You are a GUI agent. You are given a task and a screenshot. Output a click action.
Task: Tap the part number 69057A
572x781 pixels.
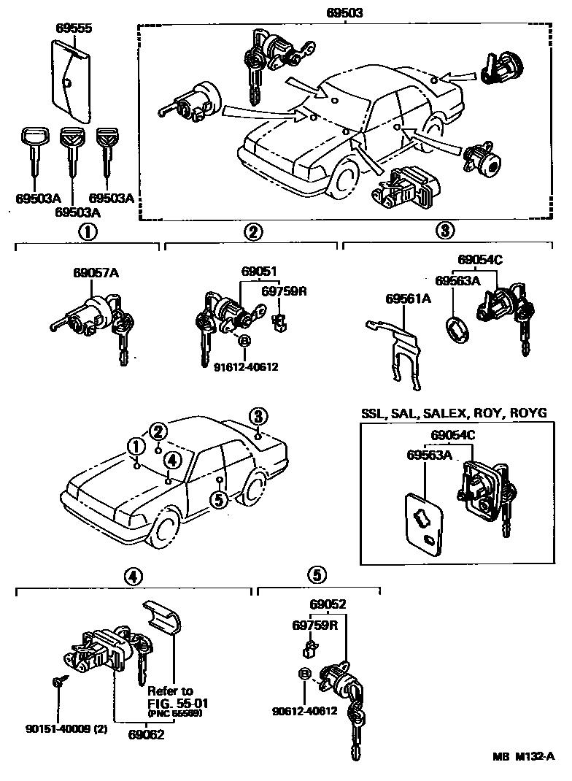point(96,273)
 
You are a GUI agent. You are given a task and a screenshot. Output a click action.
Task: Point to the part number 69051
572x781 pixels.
point(259,272)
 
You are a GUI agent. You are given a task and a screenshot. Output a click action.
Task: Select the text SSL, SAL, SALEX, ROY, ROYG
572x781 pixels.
point(454,413)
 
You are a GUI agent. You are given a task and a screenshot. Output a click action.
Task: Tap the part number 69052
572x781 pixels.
point(328,604)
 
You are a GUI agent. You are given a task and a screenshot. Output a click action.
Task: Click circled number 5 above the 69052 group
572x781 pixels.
point(316,575)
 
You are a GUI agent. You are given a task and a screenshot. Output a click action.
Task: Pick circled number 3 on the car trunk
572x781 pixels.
point(258,417)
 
